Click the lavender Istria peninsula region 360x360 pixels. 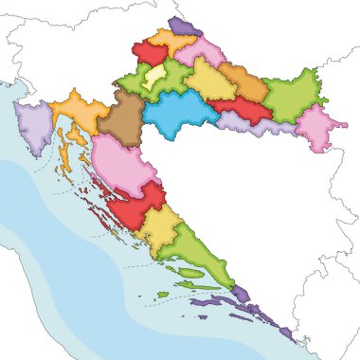click(x=34, y=127)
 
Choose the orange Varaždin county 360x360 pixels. click(x=172, y=41)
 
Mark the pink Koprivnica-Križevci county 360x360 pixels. click(x=201, y=52)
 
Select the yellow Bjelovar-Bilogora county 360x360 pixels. click(x=208, y=82)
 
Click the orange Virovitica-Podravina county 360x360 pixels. click(x=245, y=82)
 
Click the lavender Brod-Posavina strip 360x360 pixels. click(x=256, y=124)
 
